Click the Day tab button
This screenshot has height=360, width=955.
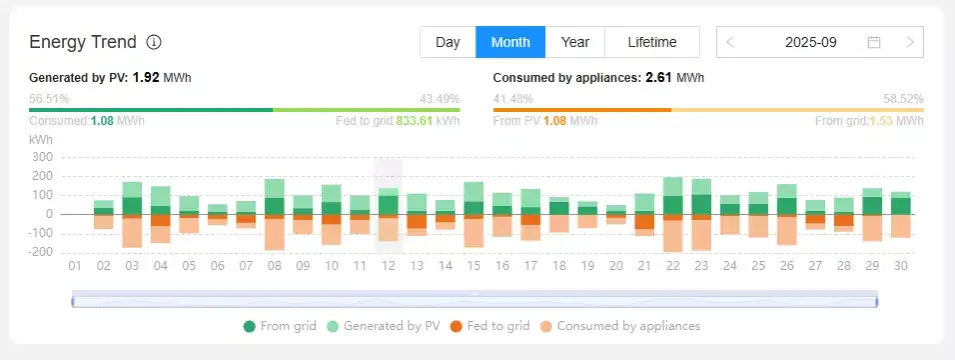coord(448,42)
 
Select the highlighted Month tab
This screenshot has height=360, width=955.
coord(510,42)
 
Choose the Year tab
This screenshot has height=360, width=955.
coord(575,42)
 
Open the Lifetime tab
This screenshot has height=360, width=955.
coord(652,42)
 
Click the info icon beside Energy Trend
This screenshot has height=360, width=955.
coord(154,42)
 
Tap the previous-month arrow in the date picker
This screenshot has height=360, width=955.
coord(731,42)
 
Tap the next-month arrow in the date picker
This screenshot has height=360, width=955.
coord(909,42)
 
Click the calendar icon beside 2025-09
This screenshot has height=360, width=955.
coord(874,42)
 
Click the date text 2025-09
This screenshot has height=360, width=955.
coord(810,42)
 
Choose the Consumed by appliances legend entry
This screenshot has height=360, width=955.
coord(619,326)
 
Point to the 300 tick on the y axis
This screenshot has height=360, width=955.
coord(41,157)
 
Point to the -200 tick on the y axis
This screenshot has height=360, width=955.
coord(39,252)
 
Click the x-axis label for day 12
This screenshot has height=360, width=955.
coord(388,266)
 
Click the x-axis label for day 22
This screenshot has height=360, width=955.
coord(672,266)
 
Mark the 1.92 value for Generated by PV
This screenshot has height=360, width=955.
coord(146,77)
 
